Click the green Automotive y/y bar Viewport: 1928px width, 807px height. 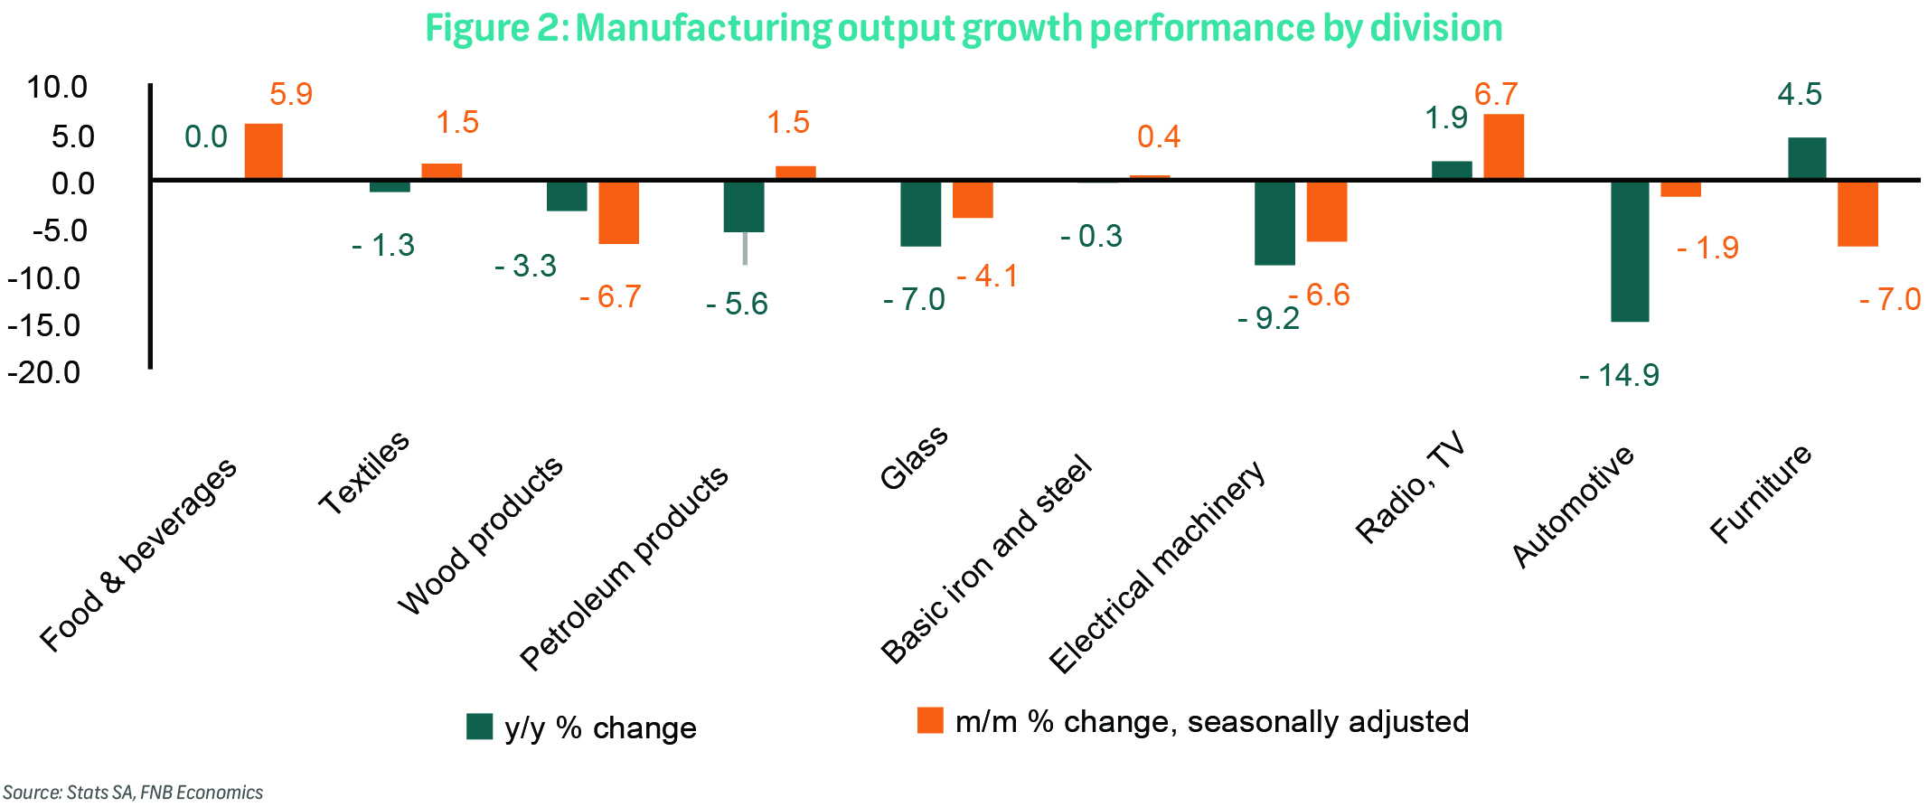click(1630, 251)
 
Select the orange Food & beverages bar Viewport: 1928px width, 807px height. click(263, 151)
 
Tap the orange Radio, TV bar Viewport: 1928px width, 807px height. click(1503, 146)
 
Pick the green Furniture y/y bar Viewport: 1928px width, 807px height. click(1806, 158)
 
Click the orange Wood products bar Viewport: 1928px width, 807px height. click(618, 212)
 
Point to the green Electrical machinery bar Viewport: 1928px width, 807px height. click(1274, 222)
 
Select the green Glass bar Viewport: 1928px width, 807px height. click(920, 213)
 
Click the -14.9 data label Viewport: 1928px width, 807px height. click(1619, 375)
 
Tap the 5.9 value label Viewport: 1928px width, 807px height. click(291, 94)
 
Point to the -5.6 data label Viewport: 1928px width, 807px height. click(737, 305)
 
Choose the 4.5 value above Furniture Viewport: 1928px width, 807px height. click(1799, 94)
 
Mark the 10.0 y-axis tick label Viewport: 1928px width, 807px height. click(56, 88)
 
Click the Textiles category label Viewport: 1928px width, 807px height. click(364, 473)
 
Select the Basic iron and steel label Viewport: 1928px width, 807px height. click(986, 560)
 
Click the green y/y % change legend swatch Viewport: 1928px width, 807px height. click(479, 727)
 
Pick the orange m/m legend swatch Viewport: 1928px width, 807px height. click(930, 720)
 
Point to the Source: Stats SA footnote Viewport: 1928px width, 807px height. click(133, 793)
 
